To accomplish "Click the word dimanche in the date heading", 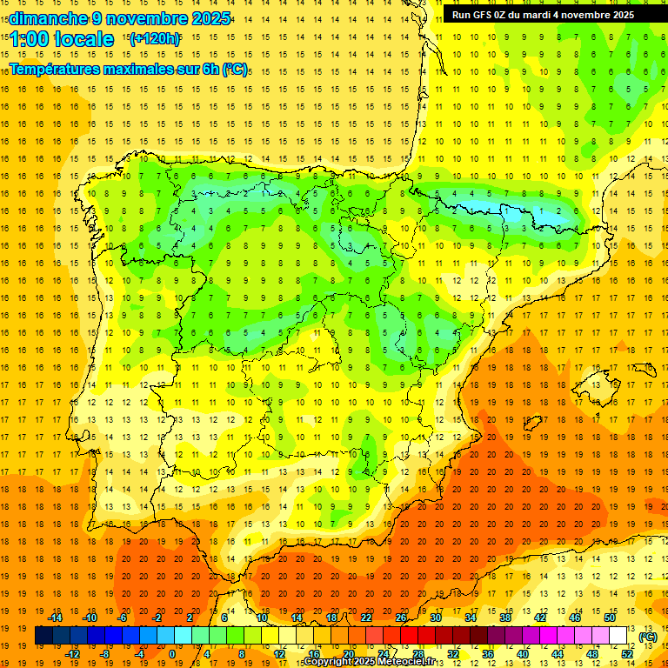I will [46, 18].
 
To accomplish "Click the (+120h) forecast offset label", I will [155, 39].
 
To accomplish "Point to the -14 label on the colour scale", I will [57, 618].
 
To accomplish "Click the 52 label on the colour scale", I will [627, 654].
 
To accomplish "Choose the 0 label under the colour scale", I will [171, 654].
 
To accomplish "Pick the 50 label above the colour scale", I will [611, 618].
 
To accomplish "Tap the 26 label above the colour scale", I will [401, 618].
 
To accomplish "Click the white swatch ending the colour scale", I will [618, 636].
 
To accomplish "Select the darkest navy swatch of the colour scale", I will [43, 636].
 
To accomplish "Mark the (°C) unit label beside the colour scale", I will [648, 636].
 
